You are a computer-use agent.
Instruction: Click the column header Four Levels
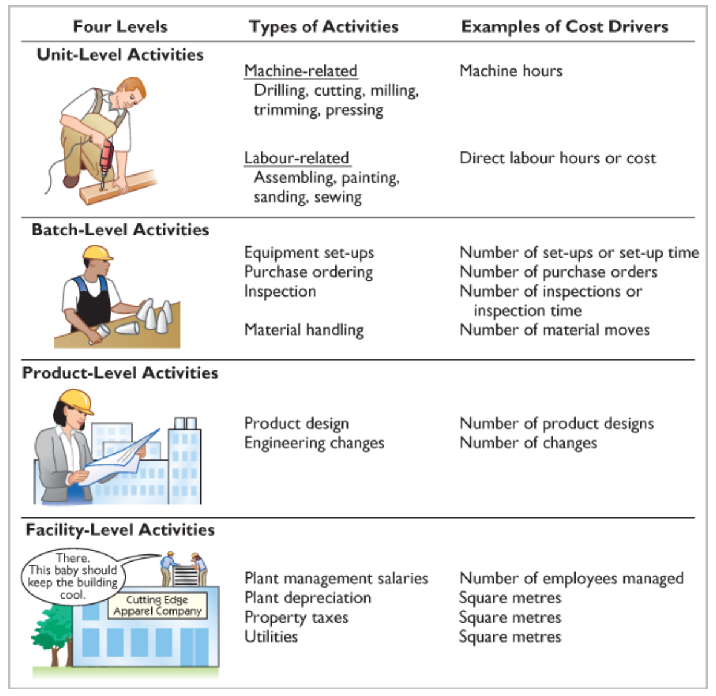pyautogui.click(x=120, y=27)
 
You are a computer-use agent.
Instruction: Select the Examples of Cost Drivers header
pyautogui.click(x=564, y=27)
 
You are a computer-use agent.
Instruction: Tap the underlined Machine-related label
pyautogui.click(x=300, y=71)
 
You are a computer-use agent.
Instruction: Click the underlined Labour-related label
pyautogui.click(x=296, y=158)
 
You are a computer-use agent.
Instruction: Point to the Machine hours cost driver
pyautogui.click(x=510, y=71)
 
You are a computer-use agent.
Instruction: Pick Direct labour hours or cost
pyautogui.click(x=557, y=158)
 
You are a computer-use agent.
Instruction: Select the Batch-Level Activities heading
pyautogui.click(x=120, y=230)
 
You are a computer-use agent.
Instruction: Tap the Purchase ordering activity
pyautogui.click(x=308, y=272)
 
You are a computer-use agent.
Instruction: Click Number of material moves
pyautogui.click(x=554, y=330)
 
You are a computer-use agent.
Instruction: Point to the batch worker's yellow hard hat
pyautogui.click(x=97, y=252)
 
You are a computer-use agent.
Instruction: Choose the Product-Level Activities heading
pyautogui.click(x=120, y=373)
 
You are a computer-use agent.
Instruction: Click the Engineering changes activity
pyautogui.click(x=314, y=443)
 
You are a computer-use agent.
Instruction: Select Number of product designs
pyautogui.click(x=556, y=424)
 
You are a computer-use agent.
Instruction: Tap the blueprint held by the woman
pyautogui.click(x=121, y=460)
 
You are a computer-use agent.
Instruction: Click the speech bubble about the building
pyautogui.click(x=72, y=576)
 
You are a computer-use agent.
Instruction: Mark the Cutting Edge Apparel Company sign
pyautogui.click(x=157, y=605)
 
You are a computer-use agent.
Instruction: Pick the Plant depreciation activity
pyautogui.click(x=307, y=598)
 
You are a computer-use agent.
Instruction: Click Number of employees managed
pyautogui.click(x=571, y=579)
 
